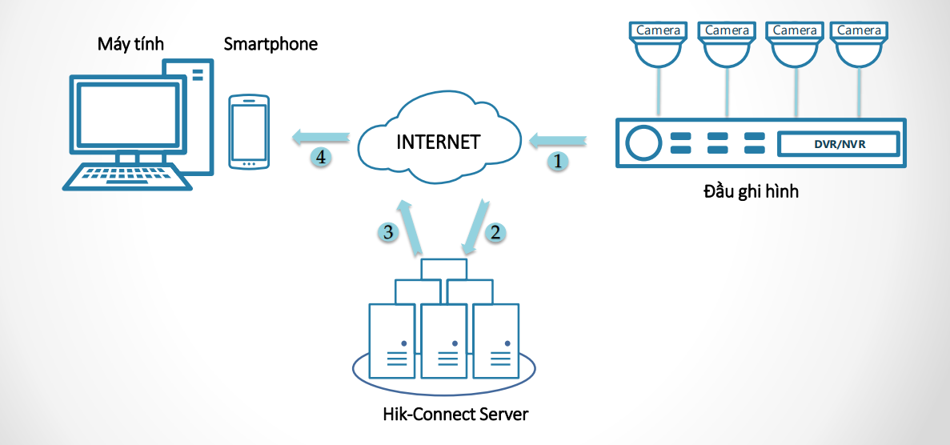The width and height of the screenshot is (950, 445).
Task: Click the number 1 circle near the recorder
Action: [558, 161]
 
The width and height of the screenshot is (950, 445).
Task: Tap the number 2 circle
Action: [495, 233]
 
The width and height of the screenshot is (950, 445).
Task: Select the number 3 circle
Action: [388, 233]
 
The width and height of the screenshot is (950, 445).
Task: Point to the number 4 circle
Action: [320, 158]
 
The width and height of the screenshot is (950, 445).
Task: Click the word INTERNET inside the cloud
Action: [439, 142]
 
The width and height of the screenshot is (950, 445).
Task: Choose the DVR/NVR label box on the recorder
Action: [839, 144]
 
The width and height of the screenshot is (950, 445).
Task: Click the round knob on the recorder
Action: [642, 143]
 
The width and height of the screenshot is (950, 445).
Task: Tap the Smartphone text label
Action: [271, 44]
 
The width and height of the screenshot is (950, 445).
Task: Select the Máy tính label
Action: [130, 44]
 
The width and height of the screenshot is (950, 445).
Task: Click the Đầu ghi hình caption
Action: [751, 192]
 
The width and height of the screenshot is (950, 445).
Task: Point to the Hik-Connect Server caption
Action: [456, 415]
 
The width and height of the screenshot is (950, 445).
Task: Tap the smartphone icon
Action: [248, 132]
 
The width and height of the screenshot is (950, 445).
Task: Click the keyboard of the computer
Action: [128, 176]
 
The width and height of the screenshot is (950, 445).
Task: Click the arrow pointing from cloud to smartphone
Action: [320, 138]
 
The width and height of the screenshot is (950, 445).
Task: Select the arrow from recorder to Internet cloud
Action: [557, 142]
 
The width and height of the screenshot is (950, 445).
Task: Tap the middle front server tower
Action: [443, 340]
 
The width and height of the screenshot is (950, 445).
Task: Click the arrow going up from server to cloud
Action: [412, 228]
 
